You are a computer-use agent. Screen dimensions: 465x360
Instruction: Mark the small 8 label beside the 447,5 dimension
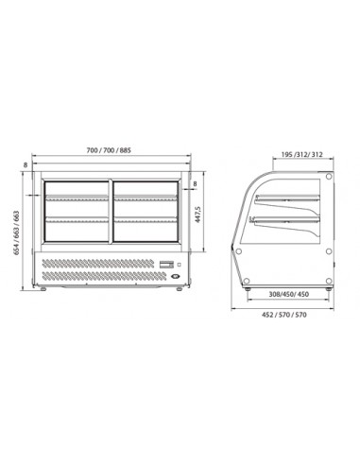(x=195, y=186)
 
